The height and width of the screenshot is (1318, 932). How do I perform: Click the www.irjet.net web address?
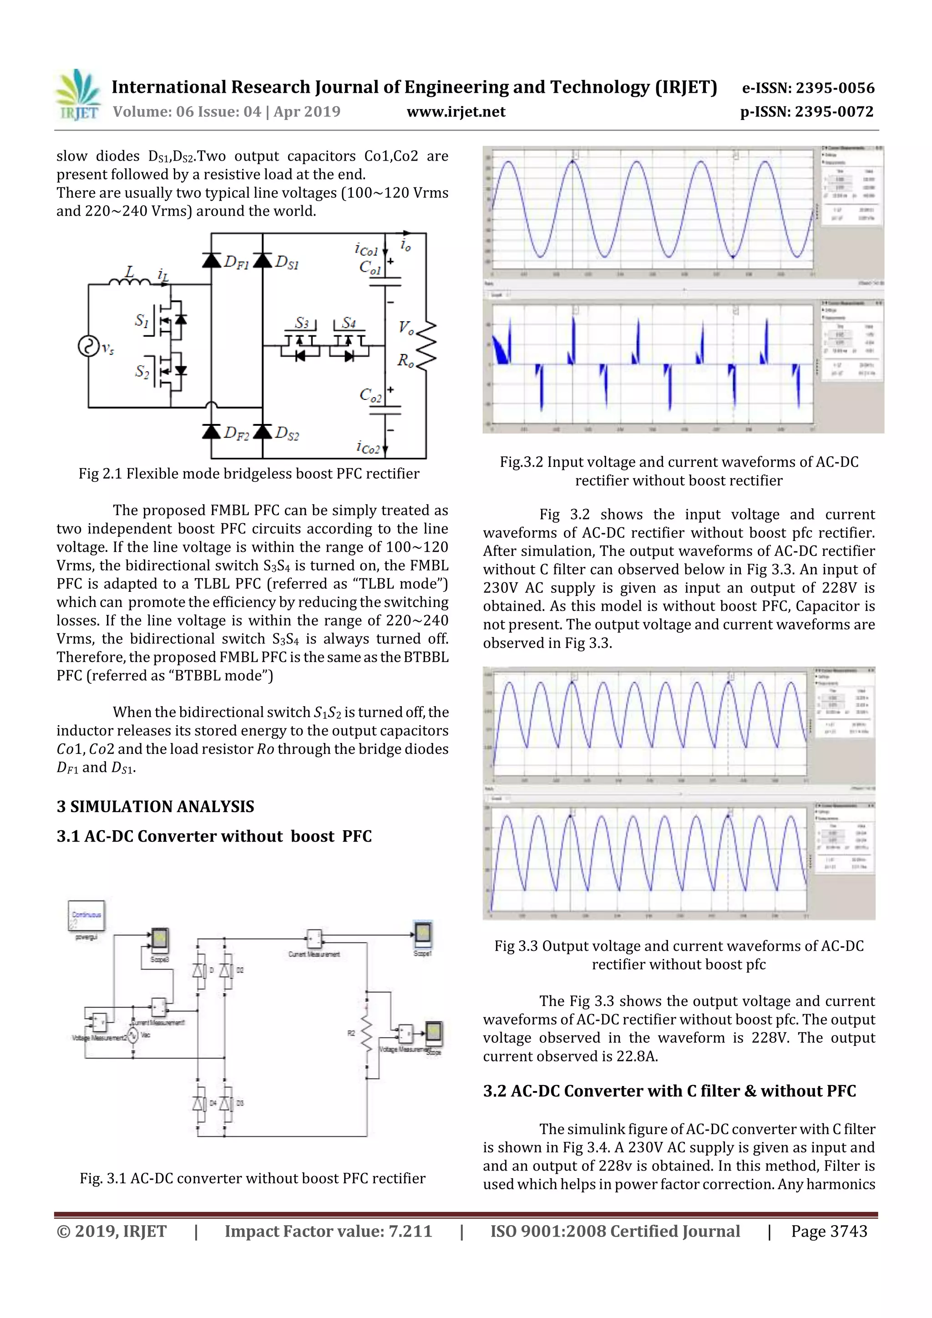(456, 112)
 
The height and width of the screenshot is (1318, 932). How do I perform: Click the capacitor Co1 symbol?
(385, 281)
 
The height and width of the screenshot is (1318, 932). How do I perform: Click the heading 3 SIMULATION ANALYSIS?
(155, 807)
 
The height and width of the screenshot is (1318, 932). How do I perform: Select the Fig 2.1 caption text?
(248, 474)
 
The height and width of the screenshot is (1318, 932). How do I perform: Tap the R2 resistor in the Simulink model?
(366, 1034)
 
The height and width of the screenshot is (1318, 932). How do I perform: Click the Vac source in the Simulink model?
(132, 1035)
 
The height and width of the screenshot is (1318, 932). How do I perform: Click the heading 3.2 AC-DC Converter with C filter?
(669, 1091)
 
